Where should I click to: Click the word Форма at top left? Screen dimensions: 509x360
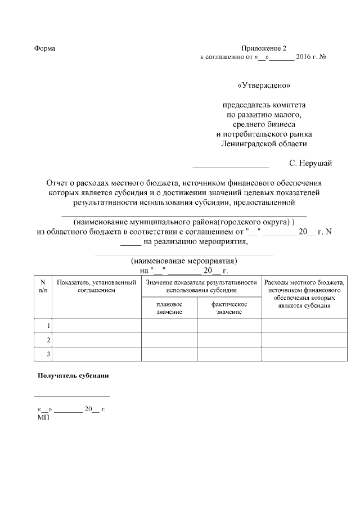coord(44,48)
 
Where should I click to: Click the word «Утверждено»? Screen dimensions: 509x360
coord(264,86)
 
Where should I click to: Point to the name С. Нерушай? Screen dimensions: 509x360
coord(310,163)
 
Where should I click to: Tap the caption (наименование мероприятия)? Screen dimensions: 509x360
coord(184,262)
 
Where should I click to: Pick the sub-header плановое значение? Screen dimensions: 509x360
coord(169,308)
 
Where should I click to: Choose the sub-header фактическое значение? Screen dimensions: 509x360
coord(229,308)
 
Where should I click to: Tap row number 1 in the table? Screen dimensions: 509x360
coord(48,326)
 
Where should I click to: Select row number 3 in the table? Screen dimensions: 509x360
coord(48,354)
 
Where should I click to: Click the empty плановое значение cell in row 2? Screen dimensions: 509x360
coord(169,340)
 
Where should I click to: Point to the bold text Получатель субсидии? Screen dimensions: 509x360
coord(73,375)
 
